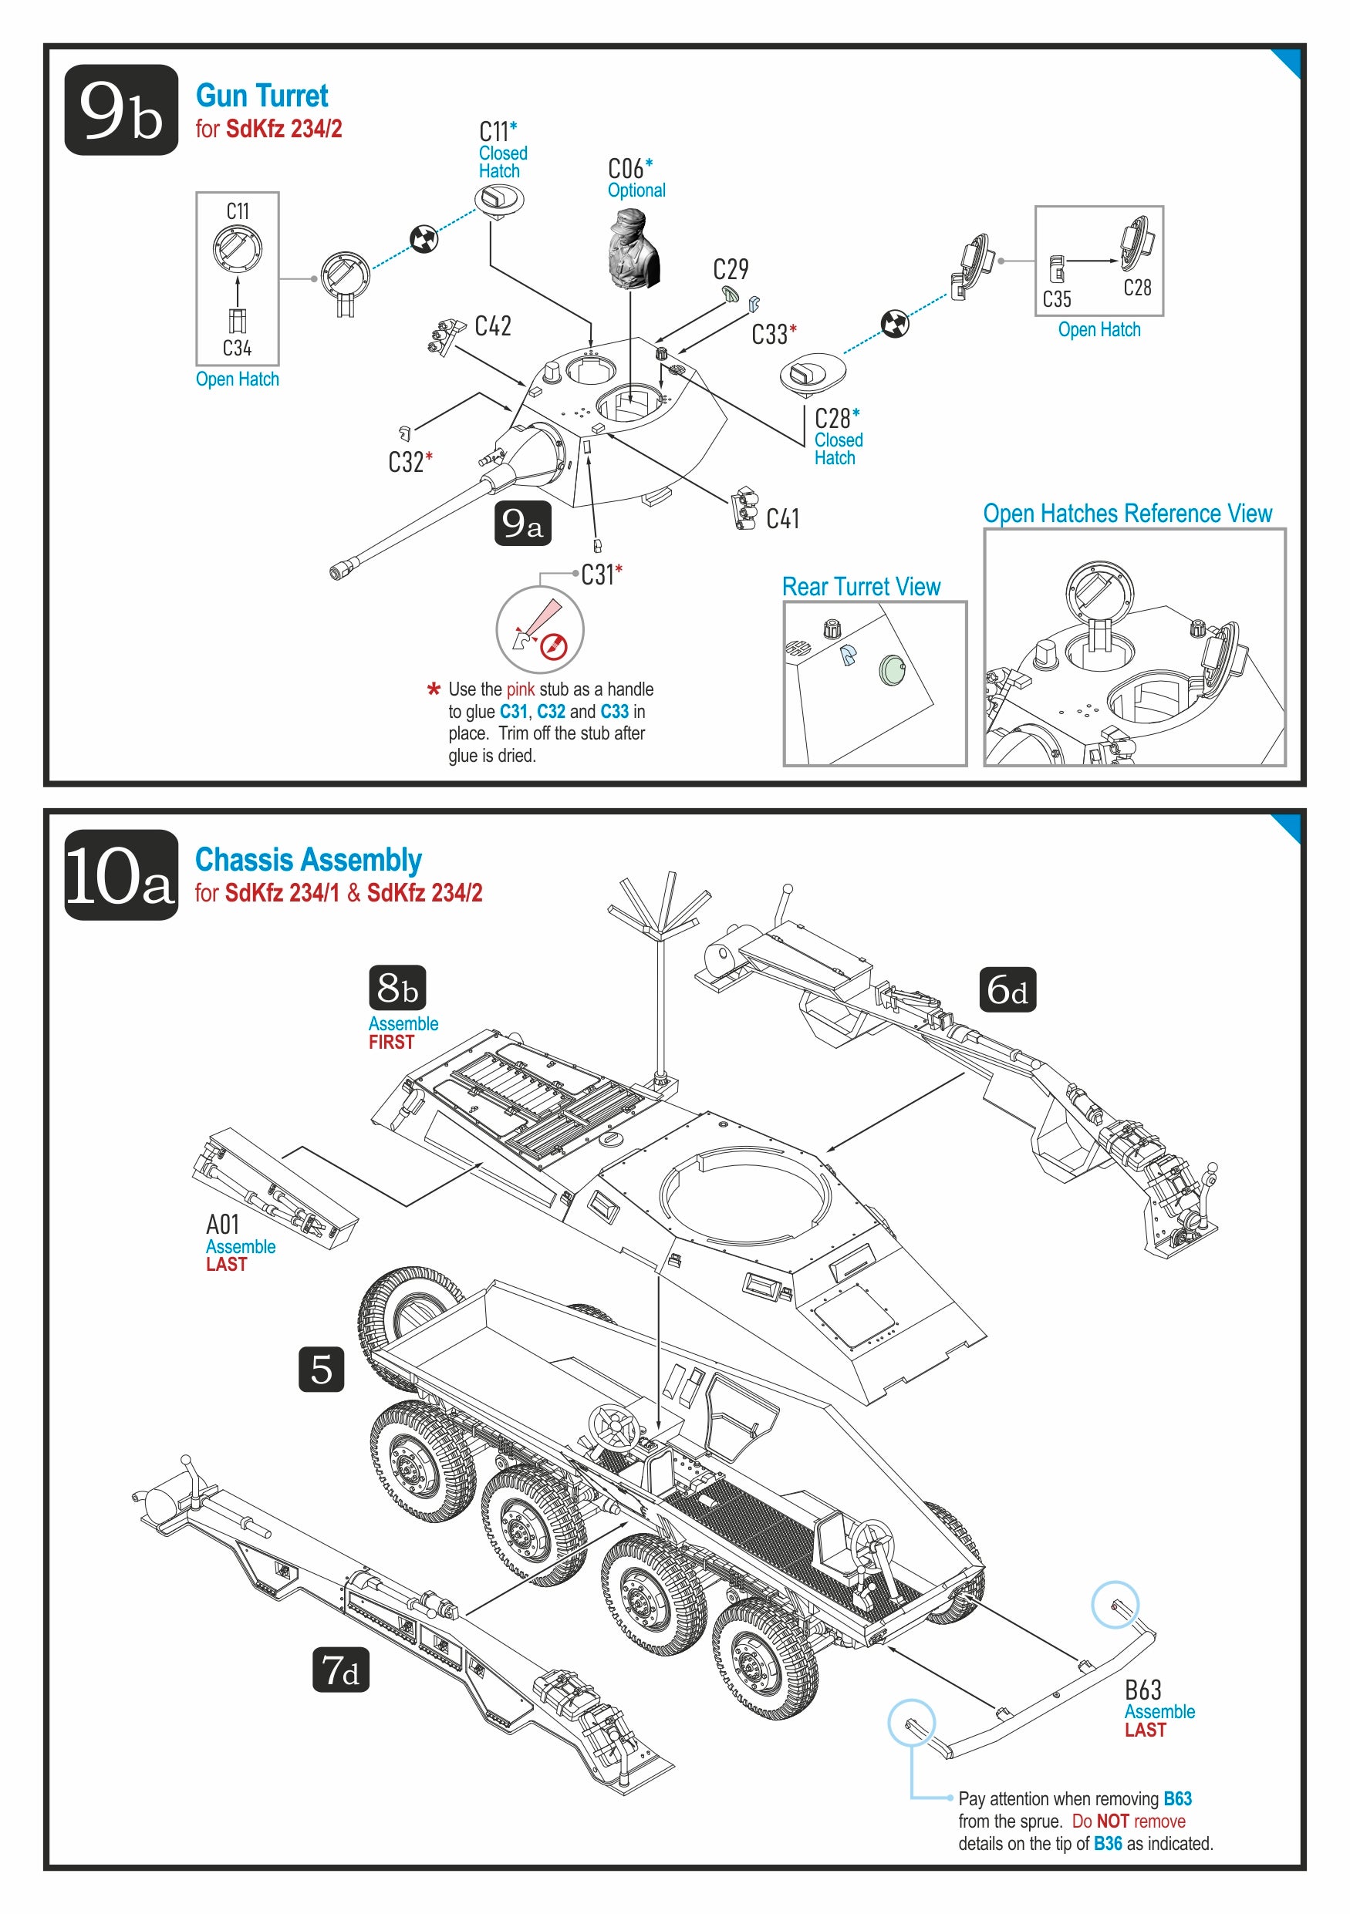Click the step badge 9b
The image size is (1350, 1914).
point(121,110)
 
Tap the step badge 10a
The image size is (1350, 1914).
point(121,875)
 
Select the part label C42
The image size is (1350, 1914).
point(493,326)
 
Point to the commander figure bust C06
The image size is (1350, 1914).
point(633,250)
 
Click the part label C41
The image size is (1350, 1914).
point(782,519)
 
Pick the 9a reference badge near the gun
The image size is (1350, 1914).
point(523,524)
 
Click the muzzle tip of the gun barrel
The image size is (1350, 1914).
point(338,572)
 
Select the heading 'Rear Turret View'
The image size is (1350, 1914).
point(861,587)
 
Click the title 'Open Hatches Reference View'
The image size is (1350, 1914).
point(1127,514)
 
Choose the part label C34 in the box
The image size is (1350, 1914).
point(237,348)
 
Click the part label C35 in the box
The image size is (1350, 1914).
point(1057,299)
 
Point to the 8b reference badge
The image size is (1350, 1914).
point(397,988)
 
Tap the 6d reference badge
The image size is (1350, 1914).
point(1007,989)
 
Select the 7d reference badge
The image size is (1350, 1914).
point(340,1670)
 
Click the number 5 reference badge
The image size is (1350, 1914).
point(321,1369)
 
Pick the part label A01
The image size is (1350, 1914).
point(223,1225)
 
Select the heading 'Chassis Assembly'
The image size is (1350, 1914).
point(309,860)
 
